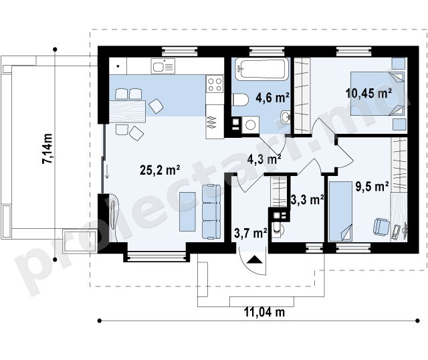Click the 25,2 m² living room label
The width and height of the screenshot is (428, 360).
(x=160, y=170)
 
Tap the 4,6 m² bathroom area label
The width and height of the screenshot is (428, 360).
(x=272, y=97)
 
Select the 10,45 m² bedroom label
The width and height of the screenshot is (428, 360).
(x=368, y=94)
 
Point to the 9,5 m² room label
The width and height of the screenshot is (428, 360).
(x=372, y=187)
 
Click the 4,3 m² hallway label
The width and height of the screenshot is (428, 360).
(x=264, y=159)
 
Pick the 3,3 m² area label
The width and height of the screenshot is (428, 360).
(x=308, y=199)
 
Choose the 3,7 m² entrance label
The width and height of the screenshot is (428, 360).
(x=251, y=234)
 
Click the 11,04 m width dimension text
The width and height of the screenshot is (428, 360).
(x=264, y=312)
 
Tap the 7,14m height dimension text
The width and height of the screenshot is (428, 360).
(x=47, y=149)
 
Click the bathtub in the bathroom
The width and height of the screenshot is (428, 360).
(x=261, y=69)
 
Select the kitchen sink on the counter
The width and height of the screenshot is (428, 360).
(x=163, y=66)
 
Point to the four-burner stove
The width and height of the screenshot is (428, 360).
(x=215, y=84)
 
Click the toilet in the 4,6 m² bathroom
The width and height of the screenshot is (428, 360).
(x=240, y=100)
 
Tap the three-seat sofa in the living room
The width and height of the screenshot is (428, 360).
(x=211, y=212)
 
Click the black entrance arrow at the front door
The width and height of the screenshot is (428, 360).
(x=255, y=259)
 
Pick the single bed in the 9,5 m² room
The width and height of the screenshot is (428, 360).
(x=340, y=211)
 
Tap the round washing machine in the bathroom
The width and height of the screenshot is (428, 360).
(x=251, y=125)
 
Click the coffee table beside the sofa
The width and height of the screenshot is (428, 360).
(x=187, y=211)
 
